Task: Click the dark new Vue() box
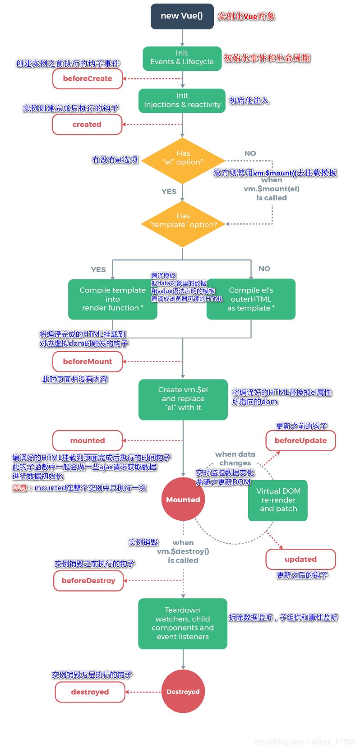(x=182, y=16)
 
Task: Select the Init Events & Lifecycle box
(x=182, y=58)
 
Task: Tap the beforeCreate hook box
(x=88, y=79)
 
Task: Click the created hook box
(x=87, y=124)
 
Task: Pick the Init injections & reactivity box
(x=182, y=101)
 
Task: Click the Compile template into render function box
(x=112, y=299)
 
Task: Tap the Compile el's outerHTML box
(x=251, y=299)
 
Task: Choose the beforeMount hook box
(x=88, y=361)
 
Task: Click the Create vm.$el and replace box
(x=183, y=399)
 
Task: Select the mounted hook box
(x=88, y=440)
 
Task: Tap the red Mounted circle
(x=183, y=499)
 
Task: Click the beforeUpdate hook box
(x=300, y=440)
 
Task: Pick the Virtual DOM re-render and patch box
(x=278, y=500)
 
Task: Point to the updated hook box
(x=300, y=559)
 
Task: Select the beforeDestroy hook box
(x=88, y=581)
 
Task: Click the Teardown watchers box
(x=183, y=624)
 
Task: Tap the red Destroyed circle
(x=183, y=691)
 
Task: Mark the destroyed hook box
(x=90, y=692)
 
